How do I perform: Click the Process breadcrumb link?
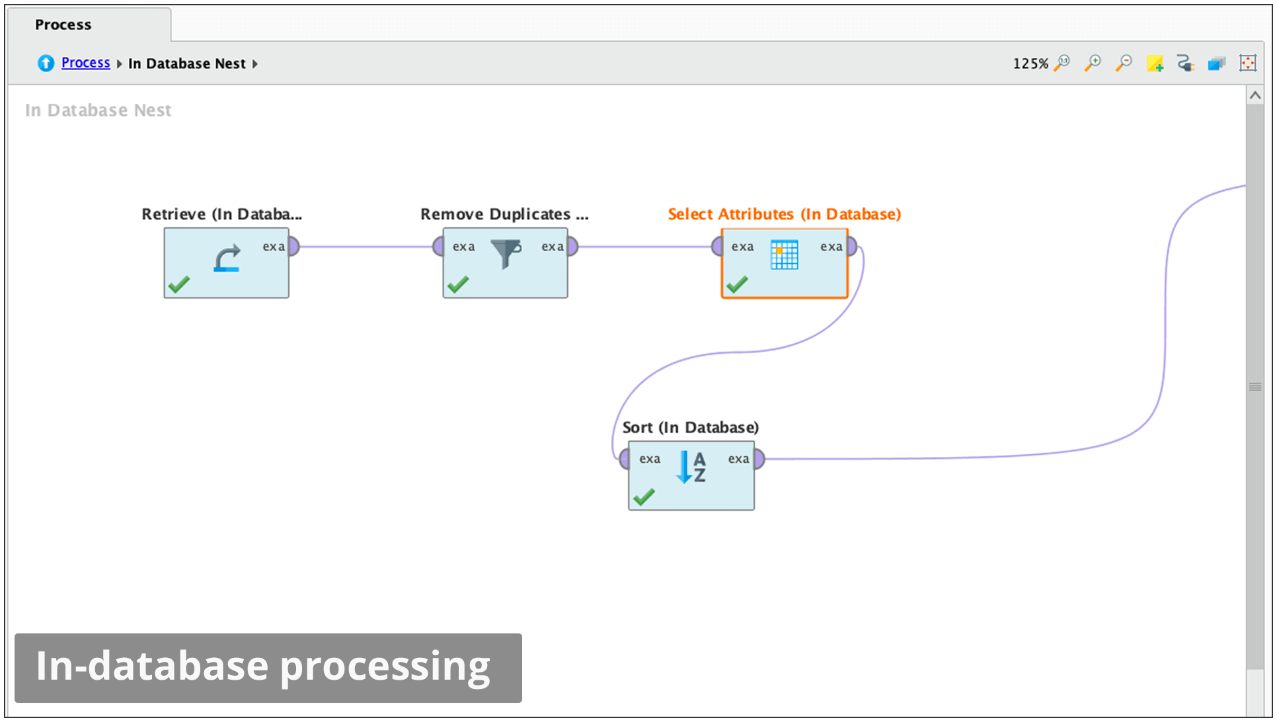(85, 63)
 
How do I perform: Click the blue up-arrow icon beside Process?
(46, 63)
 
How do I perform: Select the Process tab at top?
(63, 24)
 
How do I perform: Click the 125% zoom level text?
(1030, 63)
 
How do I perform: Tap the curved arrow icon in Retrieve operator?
(227, 259)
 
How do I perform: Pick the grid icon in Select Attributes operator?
(785, 255)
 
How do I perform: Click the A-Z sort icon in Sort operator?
(691, 467)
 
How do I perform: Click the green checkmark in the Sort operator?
(644, 497)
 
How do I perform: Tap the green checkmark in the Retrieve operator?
(179, 284)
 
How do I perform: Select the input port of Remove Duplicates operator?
(438, 247)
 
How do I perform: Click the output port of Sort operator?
(759, 459)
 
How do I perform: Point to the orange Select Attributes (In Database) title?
(784, 214)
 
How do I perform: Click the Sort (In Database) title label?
(690, 427)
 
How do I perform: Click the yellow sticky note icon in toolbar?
(1155, 63)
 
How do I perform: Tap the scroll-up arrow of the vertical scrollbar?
(1255, 96)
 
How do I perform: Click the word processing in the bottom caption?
(385, 666)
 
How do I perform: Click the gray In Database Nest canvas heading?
(98, 110)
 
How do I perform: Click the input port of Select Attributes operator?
(716, 247)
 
